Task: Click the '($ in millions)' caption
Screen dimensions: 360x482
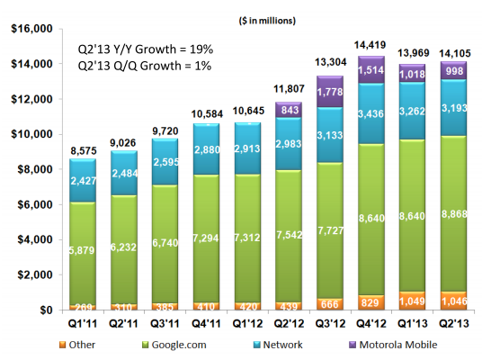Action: [260, 19]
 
